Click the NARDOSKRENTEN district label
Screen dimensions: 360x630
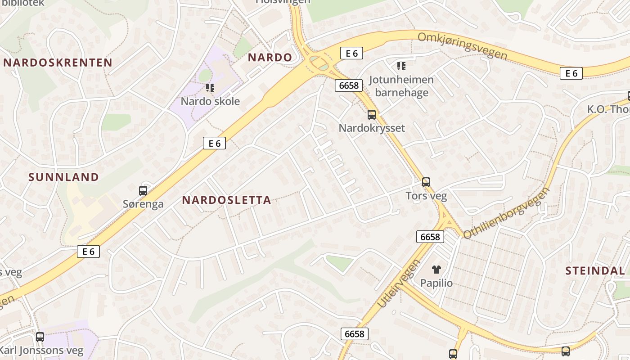coord(58,63)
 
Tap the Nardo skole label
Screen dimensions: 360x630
coord(210,101)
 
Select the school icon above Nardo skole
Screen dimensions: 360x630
coord(210,87)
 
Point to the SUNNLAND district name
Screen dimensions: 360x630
coord(63,177)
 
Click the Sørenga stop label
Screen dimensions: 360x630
coord(143,204)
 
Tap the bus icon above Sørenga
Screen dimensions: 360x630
coord(143,190)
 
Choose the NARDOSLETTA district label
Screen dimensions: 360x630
coord(226,200)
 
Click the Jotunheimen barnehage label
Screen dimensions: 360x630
coord(401,86)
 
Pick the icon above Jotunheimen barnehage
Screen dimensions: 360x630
coord(401,67)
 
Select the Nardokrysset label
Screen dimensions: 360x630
coord(372,128)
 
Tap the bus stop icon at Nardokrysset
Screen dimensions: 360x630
coord(372,114)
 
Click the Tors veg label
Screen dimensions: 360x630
coord(426,196)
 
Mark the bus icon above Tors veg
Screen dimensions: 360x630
coord(426,182)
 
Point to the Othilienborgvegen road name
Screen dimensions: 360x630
coord(507,213)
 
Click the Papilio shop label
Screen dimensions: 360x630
coord(436,283)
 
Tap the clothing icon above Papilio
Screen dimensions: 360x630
coord(436,270)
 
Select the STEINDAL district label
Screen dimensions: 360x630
coord(595,271)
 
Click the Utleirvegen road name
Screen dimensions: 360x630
coord(398,283)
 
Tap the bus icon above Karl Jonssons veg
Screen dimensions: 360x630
coord(40,337)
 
